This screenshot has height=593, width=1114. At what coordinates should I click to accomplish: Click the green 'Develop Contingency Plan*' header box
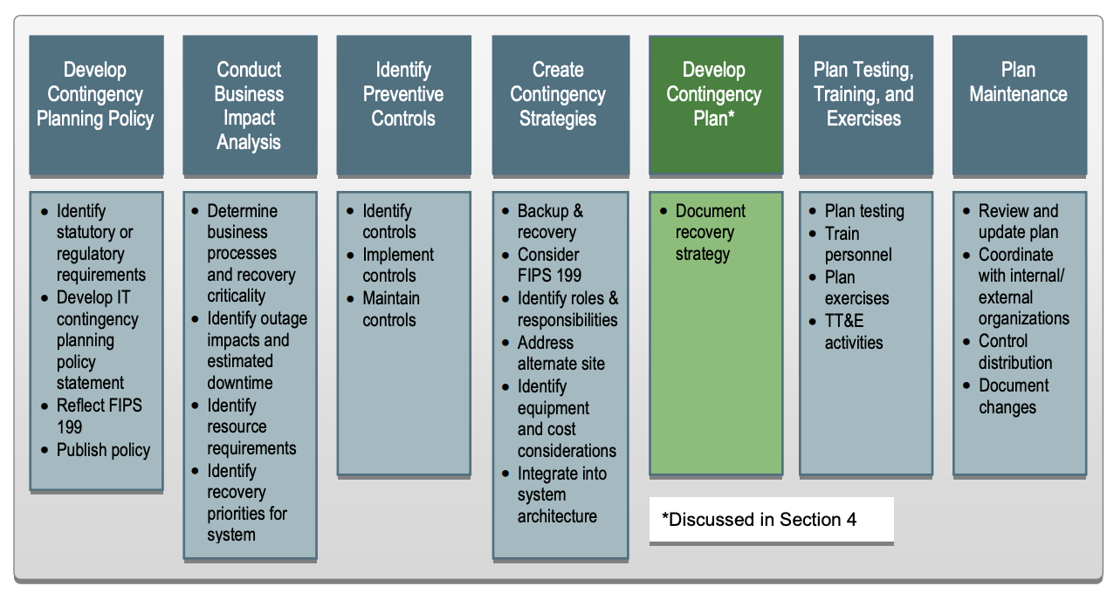click(716, 105)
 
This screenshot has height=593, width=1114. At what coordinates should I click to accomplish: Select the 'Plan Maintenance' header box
click(1020, 105)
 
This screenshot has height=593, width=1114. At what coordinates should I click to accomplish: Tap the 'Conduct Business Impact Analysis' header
click(250, 105)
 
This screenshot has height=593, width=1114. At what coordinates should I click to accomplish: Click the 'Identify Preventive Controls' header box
click(403, 105)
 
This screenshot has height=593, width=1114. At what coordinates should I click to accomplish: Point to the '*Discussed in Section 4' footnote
click(759, 520)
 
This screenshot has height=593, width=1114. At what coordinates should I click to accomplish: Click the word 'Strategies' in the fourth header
click(558, 119)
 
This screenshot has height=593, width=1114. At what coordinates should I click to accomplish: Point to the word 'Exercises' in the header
click(863, 119)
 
